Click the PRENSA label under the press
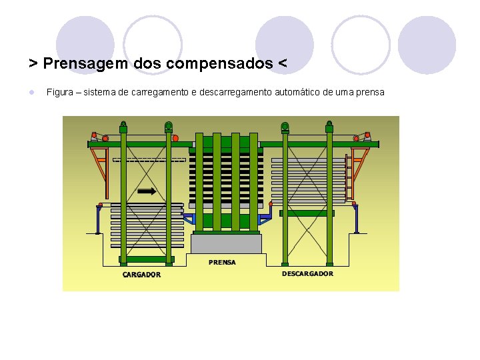[x=222, y=262]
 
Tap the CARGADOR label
[x=141, y=274]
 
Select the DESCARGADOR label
[x=307, y=273]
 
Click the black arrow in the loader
[x=147, y=191]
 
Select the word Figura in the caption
[x=59, y=91]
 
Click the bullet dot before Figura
[x=31, y=91]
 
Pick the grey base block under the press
[x=226, y=243]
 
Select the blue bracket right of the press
[x=266, y=217]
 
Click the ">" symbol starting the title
[x=33, y=63]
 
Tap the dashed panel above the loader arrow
[x=149, y=160]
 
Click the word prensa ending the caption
[x=370, y=91]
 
